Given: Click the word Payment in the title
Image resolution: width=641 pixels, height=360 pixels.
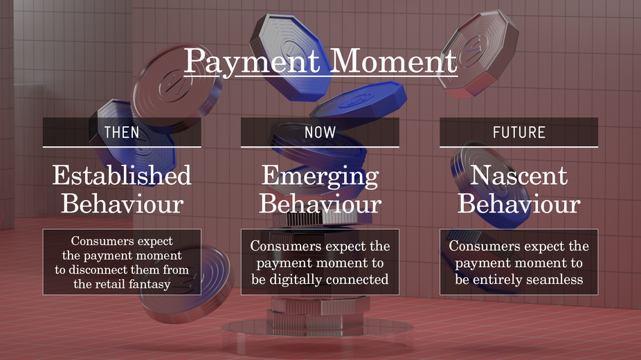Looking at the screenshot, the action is [252, 62].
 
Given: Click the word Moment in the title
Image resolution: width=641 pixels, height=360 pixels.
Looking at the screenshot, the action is [393, 61].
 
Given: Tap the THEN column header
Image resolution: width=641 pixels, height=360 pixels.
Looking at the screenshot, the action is [122, 132].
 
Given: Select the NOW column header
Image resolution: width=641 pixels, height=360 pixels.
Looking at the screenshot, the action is [320, 132].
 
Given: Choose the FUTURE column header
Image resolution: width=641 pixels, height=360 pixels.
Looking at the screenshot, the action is [518, 132].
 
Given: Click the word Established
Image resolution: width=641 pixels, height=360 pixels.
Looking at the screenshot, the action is [122, 175].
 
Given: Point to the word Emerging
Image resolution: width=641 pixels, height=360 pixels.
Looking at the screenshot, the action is [320, 177].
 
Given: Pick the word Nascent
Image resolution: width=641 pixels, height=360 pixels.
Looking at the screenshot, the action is [518, 175].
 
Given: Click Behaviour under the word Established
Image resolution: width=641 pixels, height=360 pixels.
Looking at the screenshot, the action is [122, 204].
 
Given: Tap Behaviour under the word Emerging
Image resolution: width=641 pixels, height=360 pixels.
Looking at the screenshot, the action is [320, 204].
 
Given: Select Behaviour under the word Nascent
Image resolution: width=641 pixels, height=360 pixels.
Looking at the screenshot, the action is [518, 204].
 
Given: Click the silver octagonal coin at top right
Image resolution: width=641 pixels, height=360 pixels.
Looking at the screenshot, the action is [477, 53].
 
